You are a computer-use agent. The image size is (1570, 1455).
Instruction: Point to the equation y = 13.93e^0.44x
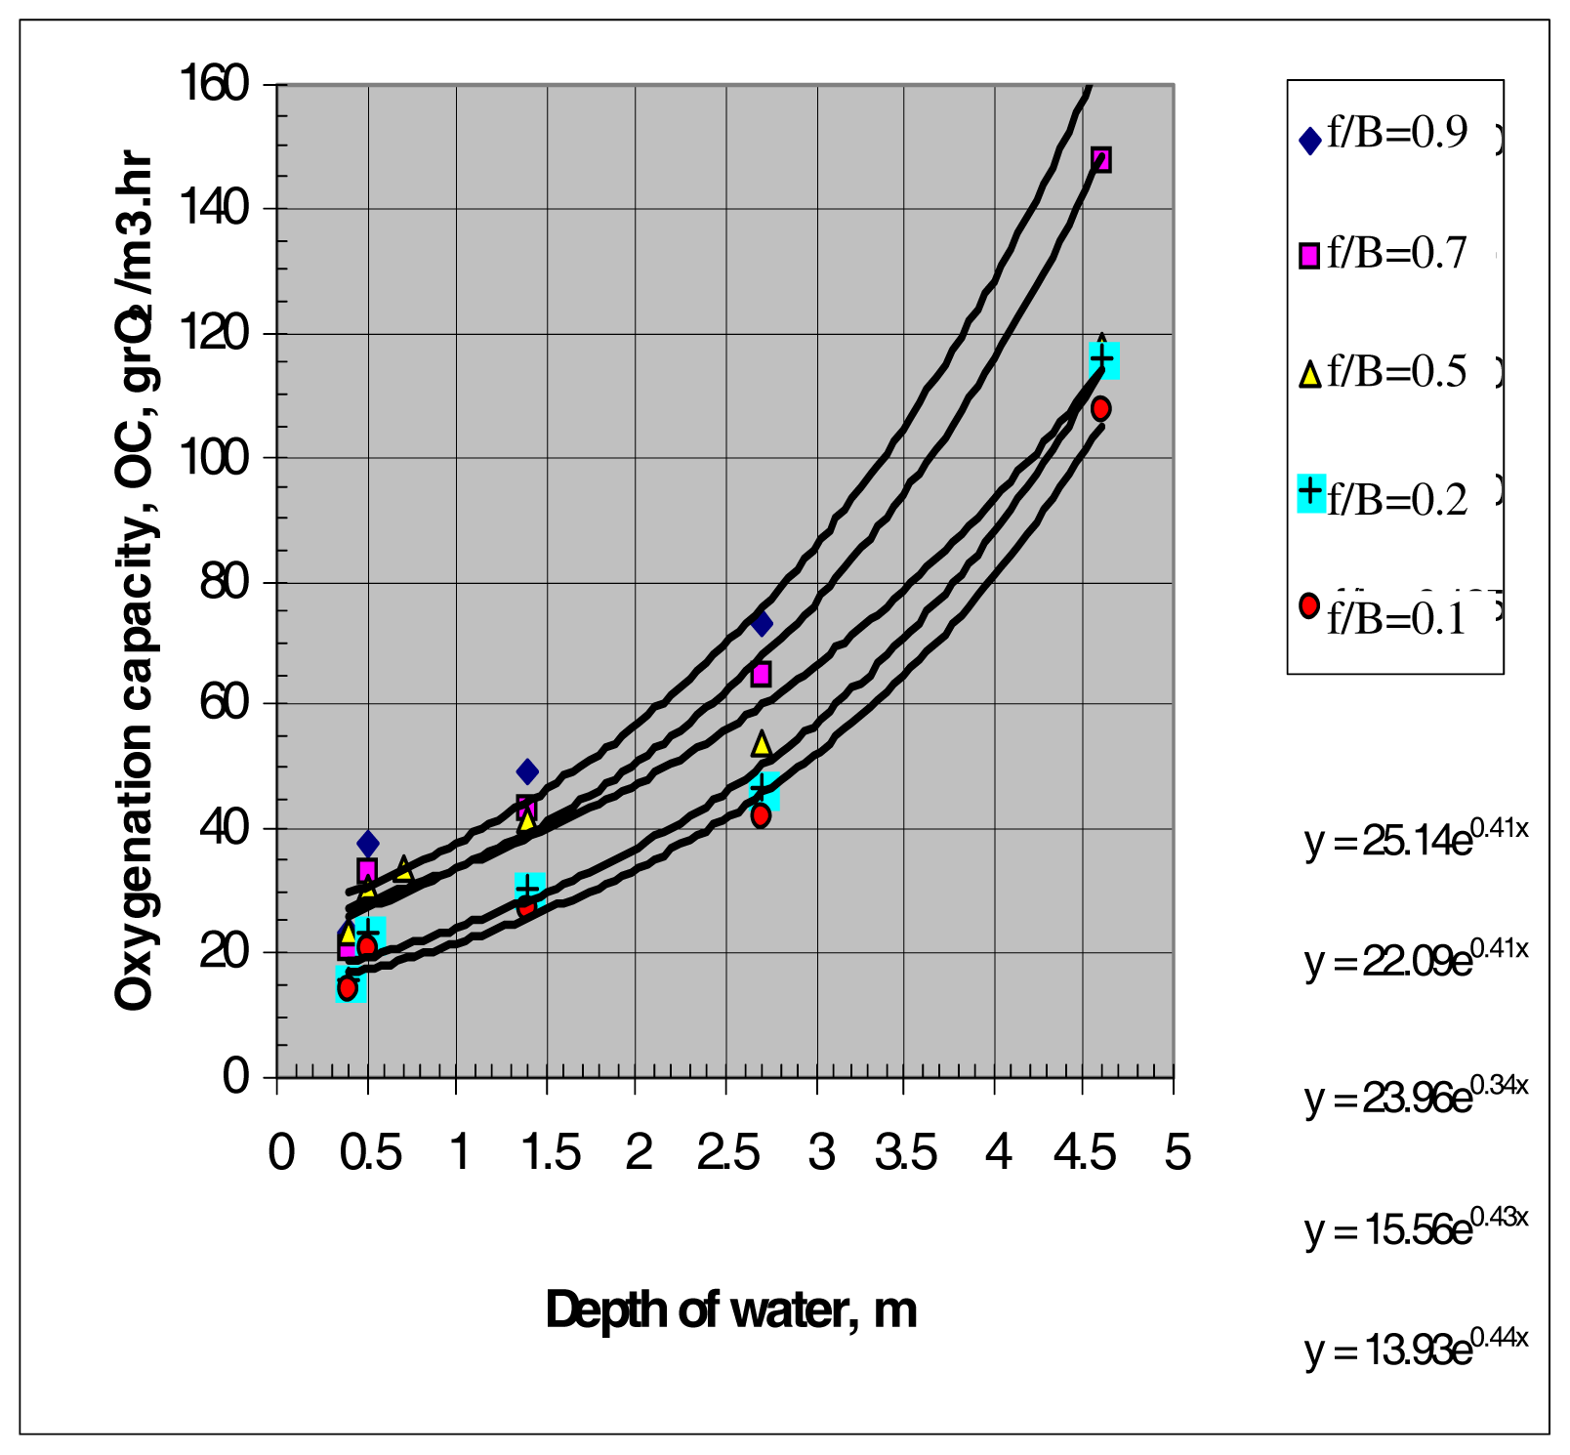(x=1416, y=1350)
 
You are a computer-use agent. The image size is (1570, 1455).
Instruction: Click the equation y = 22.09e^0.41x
(x=1416, y=961)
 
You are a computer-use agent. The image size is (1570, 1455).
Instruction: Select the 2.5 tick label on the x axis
(x=727, y=1153)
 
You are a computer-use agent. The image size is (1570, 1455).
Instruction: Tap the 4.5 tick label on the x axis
(x=1084, y=1153)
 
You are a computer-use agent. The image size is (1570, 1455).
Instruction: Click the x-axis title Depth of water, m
(x=730, y=1309)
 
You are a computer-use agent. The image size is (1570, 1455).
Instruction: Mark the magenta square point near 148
(x=1100, y=159)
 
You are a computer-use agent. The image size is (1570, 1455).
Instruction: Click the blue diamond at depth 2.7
(x=762, y=623)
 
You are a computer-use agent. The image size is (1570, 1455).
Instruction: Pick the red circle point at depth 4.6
(x=1100, y=408)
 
